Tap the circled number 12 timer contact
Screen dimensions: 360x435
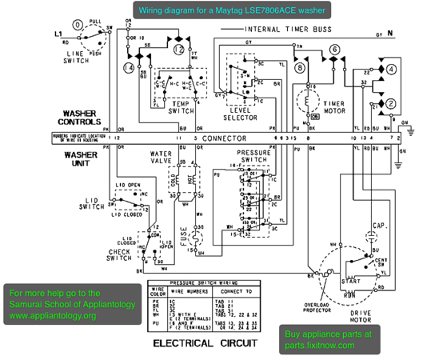click(x=180, y=50)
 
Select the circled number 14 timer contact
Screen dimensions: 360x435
click(x=129, y=67)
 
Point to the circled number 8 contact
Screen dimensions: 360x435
click(x=299, y=68)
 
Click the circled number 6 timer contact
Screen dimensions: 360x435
click(x=334, y=50)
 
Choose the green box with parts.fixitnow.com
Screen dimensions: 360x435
click(x=328, y=340)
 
